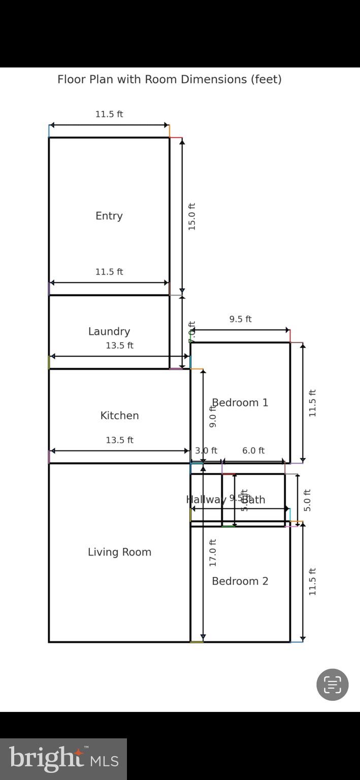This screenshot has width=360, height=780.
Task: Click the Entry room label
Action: coord(109,216)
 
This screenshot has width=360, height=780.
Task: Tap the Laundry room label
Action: coord(109,332)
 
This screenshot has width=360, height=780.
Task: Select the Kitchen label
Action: coord(119,415)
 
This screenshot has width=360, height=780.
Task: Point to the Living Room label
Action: coord(119,552)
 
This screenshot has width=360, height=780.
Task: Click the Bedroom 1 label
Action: coord(240,403)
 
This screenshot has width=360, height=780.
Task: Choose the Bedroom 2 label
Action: coord(240,581)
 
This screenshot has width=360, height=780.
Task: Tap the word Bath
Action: coord(253,500)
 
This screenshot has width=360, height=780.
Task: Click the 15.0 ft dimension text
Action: coord(192,217)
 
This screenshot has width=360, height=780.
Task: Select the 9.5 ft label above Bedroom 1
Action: coord(240,319)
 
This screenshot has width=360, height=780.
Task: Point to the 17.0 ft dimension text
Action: coord(213,552)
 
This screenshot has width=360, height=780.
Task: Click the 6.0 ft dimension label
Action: coord(253,450)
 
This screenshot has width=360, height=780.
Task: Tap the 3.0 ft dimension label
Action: coord(206,450)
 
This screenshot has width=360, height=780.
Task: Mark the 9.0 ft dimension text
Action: coord(213,416)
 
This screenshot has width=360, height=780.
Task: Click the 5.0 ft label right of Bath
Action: coord(307,500)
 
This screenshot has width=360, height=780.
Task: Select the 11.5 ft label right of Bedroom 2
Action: coord(312,581)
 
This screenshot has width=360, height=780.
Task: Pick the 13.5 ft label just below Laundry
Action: coord(119,345)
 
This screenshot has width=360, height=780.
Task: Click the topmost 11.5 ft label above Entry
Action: coord(109,114)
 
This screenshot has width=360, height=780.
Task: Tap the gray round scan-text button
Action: coord(332,685)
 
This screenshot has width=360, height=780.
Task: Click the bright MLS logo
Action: coord(63,759)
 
